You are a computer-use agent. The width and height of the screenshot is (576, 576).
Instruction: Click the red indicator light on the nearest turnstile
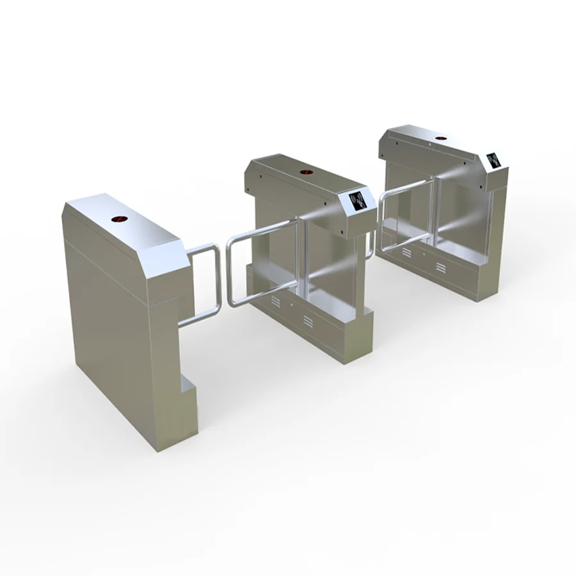(x=119, y=220)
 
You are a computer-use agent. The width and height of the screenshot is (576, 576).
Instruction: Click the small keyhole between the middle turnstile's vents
(x=291, y=307)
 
